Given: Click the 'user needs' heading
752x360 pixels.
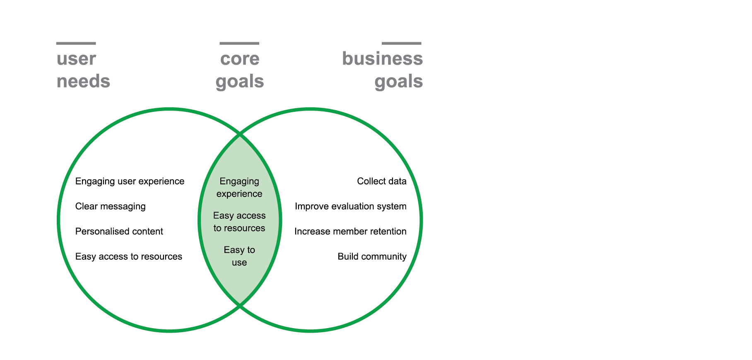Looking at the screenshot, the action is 83,70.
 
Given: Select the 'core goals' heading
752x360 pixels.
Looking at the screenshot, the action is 240,70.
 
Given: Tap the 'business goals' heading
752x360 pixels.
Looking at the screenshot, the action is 382,70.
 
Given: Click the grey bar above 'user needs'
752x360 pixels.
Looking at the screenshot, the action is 76,43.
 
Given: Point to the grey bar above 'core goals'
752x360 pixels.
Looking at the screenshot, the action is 239,43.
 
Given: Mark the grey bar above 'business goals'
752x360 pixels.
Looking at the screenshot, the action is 401,43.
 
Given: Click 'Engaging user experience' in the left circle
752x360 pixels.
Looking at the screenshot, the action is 130,181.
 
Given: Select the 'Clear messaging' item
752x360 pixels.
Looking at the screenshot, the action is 110,206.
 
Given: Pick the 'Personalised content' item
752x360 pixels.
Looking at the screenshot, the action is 119,231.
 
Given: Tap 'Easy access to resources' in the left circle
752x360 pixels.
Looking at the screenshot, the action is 128,256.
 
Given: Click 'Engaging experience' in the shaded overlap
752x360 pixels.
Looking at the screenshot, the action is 239,187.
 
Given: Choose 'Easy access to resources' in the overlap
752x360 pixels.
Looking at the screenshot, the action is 239,222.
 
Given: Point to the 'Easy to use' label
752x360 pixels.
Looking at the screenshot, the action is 239,256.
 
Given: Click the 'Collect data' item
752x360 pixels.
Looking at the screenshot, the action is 381,181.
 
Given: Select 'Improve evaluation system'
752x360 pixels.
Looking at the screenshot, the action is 350,206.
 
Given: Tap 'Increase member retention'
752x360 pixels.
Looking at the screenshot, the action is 350,231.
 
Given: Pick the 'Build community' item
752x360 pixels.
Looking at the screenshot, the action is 372,256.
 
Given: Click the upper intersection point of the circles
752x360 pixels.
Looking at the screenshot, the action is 240,134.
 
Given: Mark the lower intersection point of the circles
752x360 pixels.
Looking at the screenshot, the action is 240,306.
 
